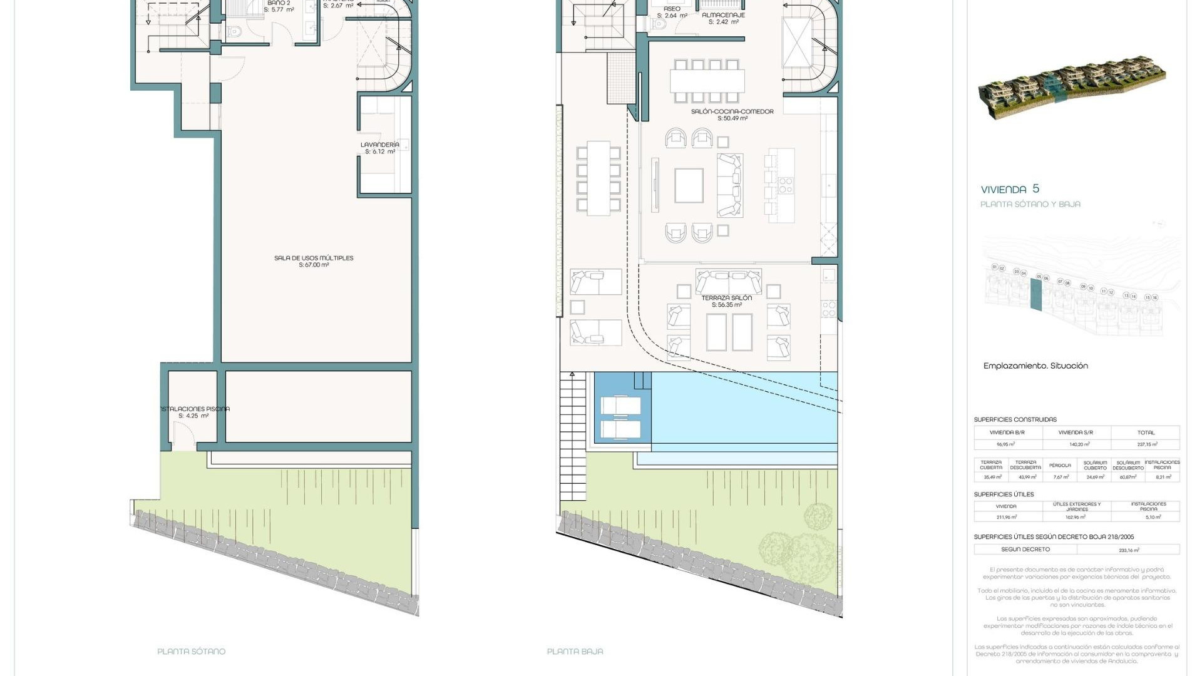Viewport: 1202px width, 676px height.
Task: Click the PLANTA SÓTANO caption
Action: point(191,652)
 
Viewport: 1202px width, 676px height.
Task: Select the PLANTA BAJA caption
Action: point(575,652)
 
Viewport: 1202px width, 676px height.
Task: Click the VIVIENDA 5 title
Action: point(1010,189)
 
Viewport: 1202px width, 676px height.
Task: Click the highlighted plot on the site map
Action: point(1036,294)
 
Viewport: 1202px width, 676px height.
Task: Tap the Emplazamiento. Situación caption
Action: point(1035,366)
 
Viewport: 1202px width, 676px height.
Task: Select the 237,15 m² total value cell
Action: point(1146,444)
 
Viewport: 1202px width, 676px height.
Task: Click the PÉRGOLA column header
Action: point(1061,466)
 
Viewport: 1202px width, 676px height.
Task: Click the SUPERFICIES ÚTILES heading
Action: point(1004,494)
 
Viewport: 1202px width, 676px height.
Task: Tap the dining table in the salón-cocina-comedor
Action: point(707,81)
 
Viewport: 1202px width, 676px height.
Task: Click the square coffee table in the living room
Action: point(689,186)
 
